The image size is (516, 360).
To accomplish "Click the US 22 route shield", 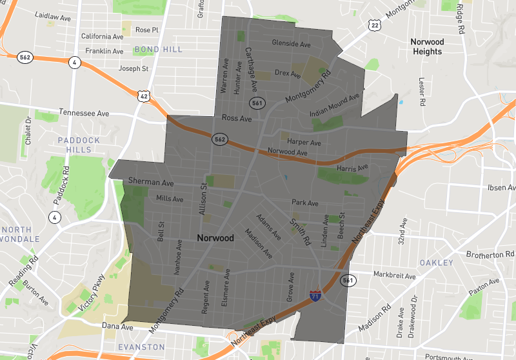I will click(375, 25).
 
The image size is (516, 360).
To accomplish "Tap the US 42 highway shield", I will click(143, 95).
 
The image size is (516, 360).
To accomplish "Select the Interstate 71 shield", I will click(315, 296).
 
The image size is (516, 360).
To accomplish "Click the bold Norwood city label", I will click(215, 238).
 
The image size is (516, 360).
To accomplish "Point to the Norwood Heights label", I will click(428, 46).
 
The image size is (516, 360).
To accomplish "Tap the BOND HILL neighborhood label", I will click(159, 49).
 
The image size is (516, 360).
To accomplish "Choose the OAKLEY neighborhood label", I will click(437, 263).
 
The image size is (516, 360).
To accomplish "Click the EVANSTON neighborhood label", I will click(142, 347).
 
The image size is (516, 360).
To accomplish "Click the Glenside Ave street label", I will click(292, 44).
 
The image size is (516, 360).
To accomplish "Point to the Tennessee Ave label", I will click(84, 112).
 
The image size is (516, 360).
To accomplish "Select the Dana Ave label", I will click(117, 327).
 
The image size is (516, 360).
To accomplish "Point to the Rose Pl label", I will click(147, 30).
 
